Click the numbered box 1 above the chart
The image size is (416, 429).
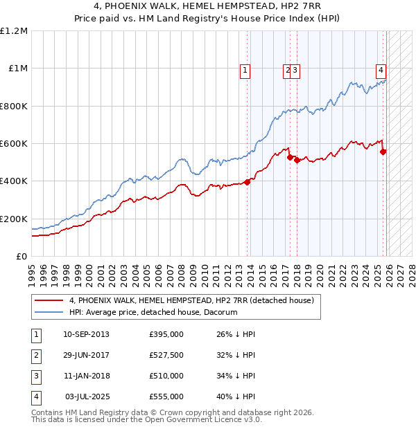click(246, 69)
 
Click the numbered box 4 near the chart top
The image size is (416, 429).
click(381, 69)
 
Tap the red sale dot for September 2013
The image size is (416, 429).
click(247, 183)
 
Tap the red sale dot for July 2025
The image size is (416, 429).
click(383, 152)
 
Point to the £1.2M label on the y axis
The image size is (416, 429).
click(14, 31)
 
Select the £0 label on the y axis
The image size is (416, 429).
click(21, 256)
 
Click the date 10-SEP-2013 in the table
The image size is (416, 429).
click(86, 334)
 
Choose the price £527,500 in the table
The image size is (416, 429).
click(166, 355)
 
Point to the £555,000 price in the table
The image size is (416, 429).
click(166, 396)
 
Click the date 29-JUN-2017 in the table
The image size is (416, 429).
click(86, 355)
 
